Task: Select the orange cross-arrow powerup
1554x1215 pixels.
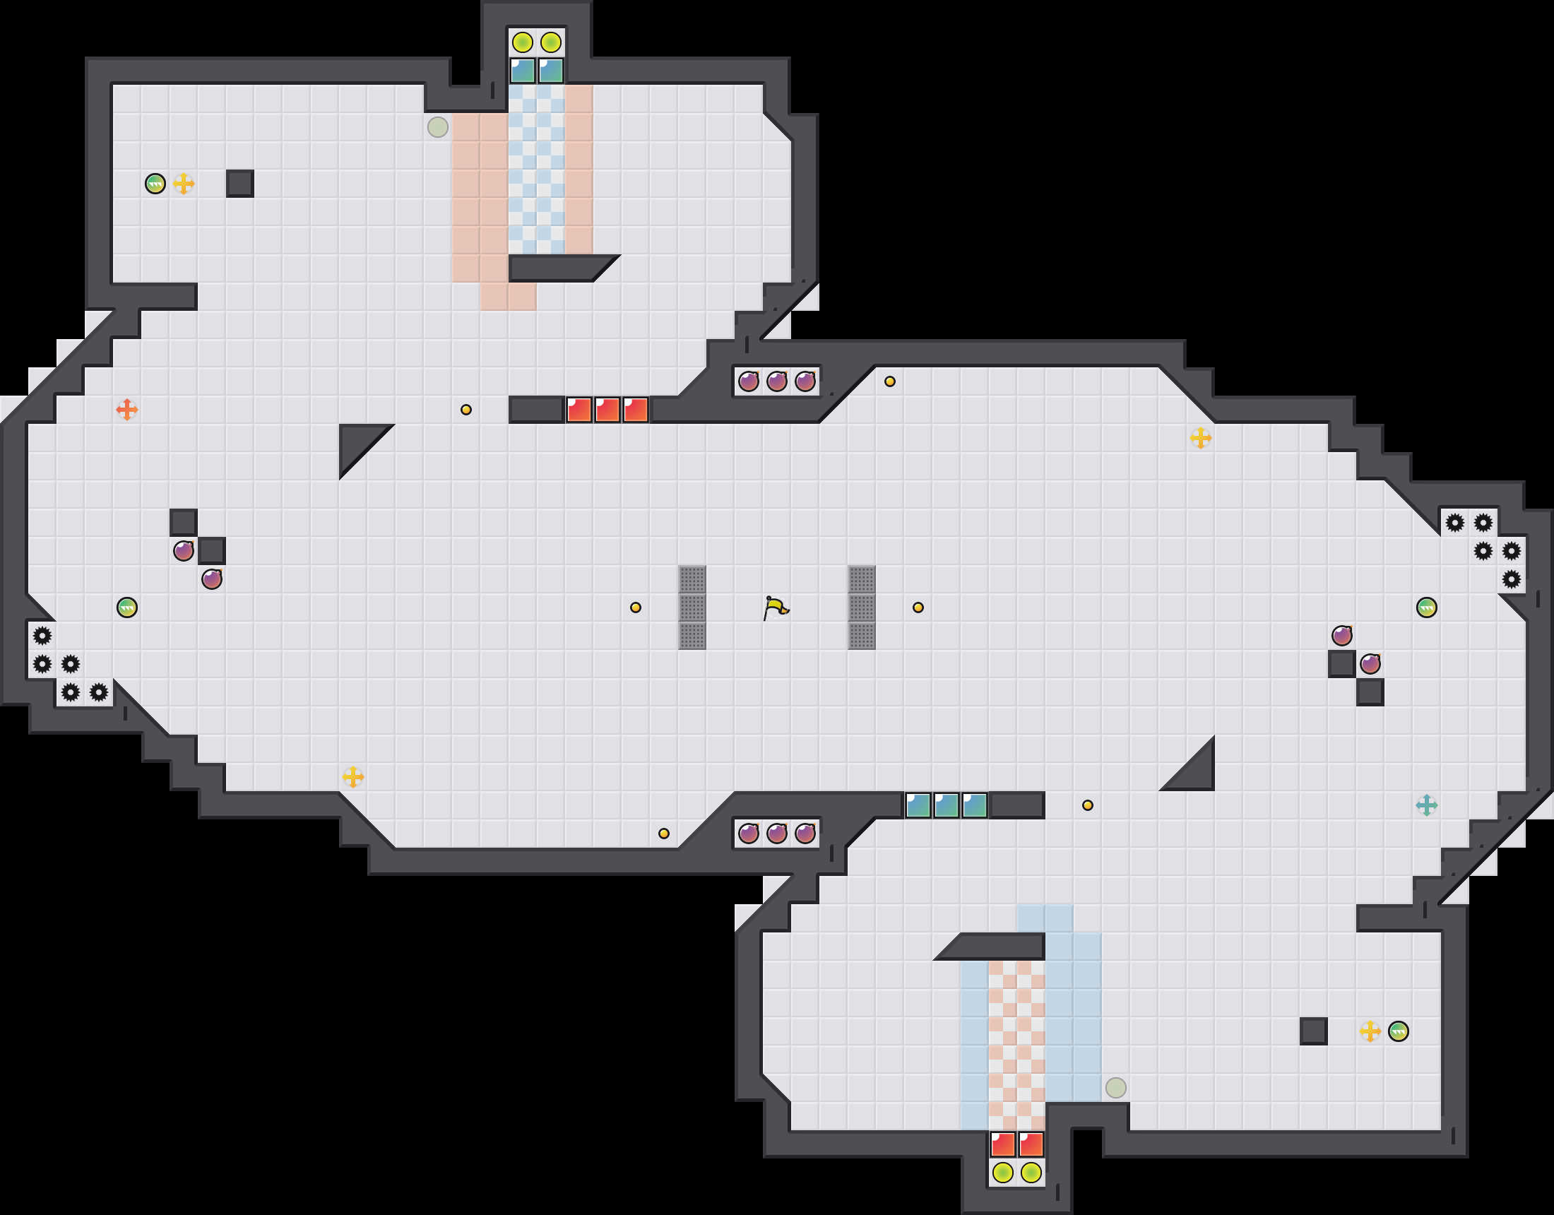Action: click(x=126, y=409)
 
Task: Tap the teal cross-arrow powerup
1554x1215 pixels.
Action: click(x=1426, y=805)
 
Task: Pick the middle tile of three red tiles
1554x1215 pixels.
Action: click(x=607, y=410)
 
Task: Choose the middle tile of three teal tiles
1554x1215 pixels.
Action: click(x=946, y=805)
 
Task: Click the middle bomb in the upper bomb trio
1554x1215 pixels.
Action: click(x=776, y=381)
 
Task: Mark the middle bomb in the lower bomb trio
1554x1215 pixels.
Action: click(x=776, y=833)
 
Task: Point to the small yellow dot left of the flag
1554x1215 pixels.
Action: click(x=636, y=607)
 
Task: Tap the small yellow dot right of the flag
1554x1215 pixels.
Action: click(x=918, y=607)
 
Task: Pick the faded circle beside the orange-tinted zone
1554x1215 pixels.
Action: click(x=438, y=127)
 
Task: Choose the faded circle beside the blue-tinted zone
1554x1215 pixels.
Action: click(x=1115, y=1088)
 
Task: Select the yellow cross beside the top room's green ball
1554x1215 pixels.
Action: click(x=184, y=184)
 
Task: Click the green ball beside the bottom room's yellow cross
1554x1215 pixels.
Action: click(x=1398, y=1031)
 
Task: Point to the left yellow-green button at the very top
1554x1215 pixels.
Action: click(x=522, y=42)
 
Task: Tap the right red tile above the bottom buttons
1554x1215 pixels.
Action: click(x=1031, y=1144)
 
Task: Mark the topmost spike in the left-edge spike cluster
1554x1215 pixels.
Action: click(x=42, y=636)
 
